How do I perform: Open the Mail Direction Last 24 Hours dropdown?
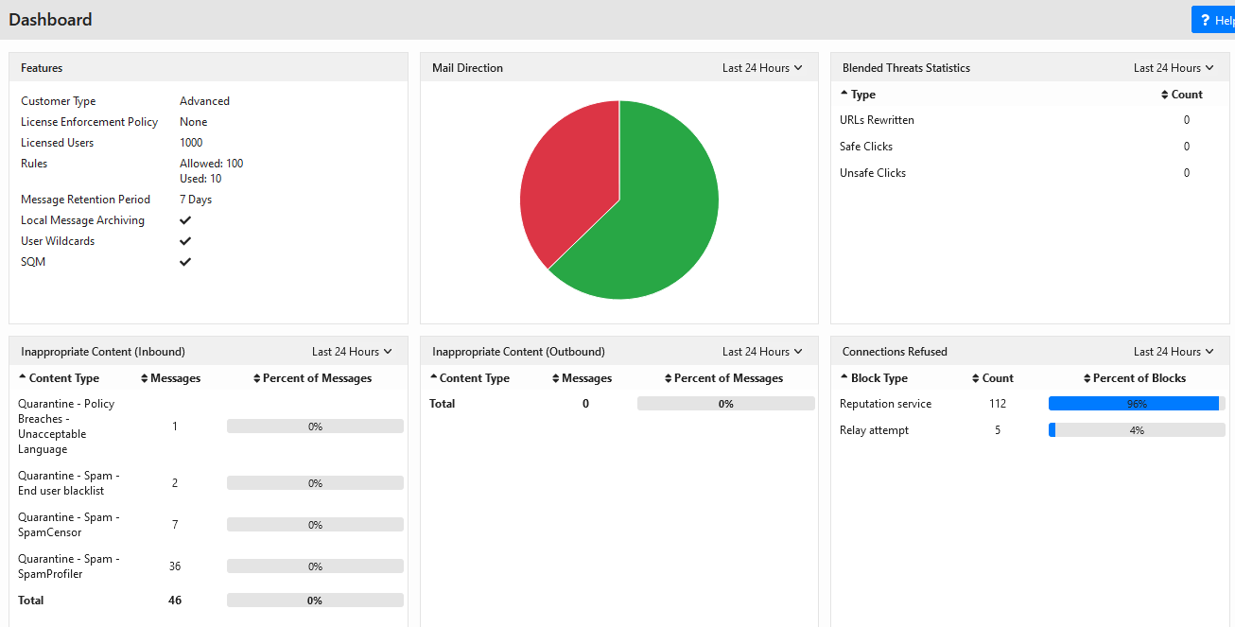click(762, 68)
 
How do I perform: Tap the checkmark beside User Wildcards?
click(185, 241)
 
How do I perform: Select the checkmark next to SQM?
click(185, 262)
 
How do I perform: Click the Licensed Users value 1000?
click(191, 143)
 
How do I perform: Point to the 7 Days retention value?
click(196, 200)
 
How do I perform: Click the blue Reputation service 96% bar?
click(1134, 404)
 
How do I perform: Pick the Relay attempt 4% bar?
click(1137, 430)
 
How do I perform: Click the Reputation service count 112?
click(998, 404)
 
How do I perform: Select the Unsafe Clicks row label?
click(872, 173)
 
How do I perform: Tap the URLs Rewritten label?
click(877, 120)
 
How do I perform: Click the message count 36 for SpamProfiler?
click(175, 566)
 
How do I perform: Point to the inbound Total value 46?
click(175, 601)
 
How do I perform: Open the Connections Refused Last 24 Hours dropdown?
click(1174, 352)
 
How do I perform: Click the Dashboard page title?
click(50, 20)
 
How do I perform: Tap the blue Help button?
click(1213, 20)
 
